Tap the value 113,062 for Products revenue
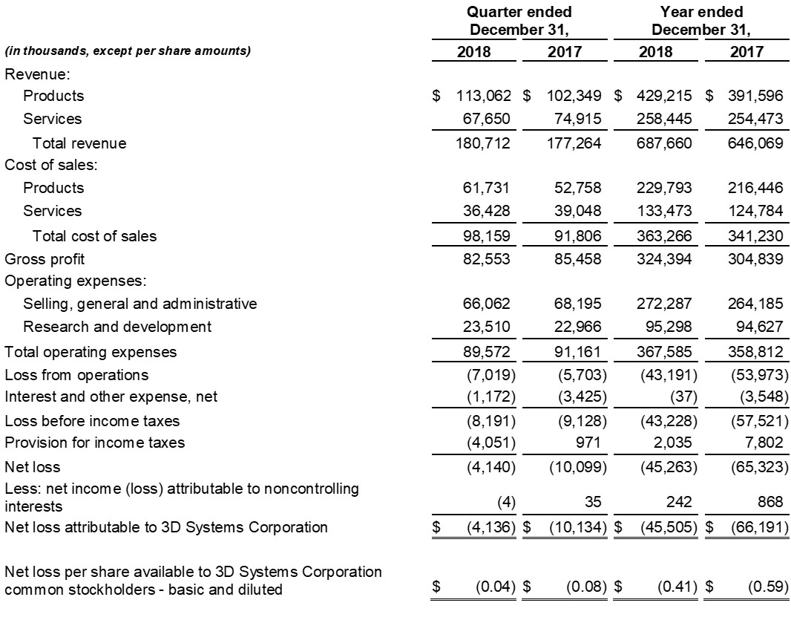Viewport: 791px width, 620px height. point(482,96)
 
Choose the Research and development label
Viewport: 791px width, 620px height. point(117,326)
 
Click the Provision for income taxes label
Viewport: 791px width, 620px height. point(95,443)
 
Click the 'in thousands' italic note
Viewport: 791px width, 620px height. point(128,51)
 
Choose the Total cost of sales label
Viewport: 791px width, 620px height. point(94,236)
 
